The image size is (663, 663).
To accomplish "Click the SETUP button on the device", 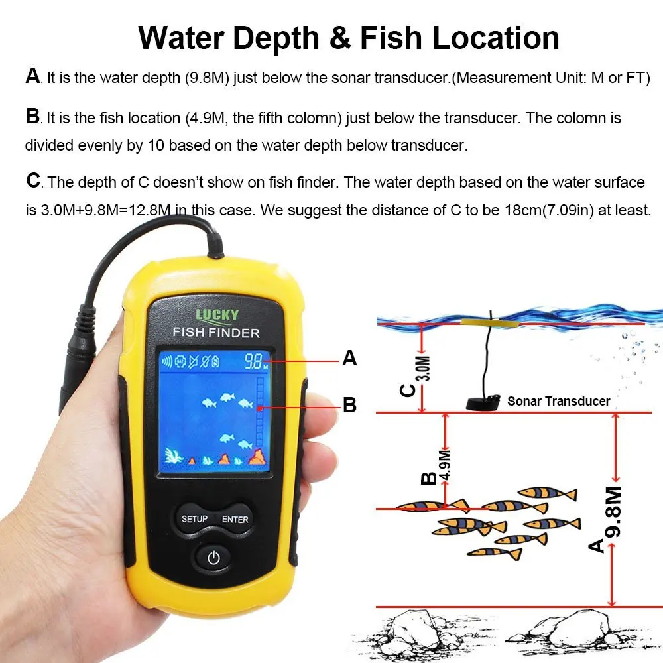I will [x=194, y=519].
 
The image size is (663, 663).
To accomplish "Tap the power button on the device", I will [x=213, y=558].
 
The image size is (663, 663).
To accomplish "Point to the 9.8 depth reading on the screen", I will [x=253, y=362].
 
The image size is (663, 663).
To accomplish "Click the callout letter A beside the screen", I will [x=349, y=359].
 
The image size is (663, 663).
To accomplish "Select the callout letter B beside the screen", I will [x=349, y=404].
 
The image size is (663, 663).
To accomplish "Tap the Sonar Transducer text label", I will [x=558, y=400].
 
